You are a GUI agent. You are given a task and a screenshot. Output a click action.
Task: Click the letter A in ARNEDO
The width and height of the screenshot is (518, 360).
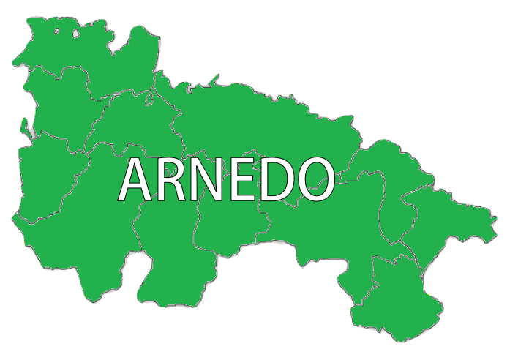[x=139, y=180]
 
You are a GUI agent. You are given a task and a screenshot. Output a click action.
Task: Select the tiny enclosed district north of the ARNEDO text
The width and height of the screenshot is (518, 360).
[x=151, y=96]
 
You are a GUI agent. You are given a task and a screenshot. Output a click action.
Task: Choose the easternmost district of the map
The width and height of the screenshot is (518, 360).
[x=446, y=220]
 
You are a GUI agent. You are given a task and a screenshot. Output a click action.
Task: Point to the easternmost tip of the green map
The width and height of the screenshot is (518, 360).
[x=497, y=218]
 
